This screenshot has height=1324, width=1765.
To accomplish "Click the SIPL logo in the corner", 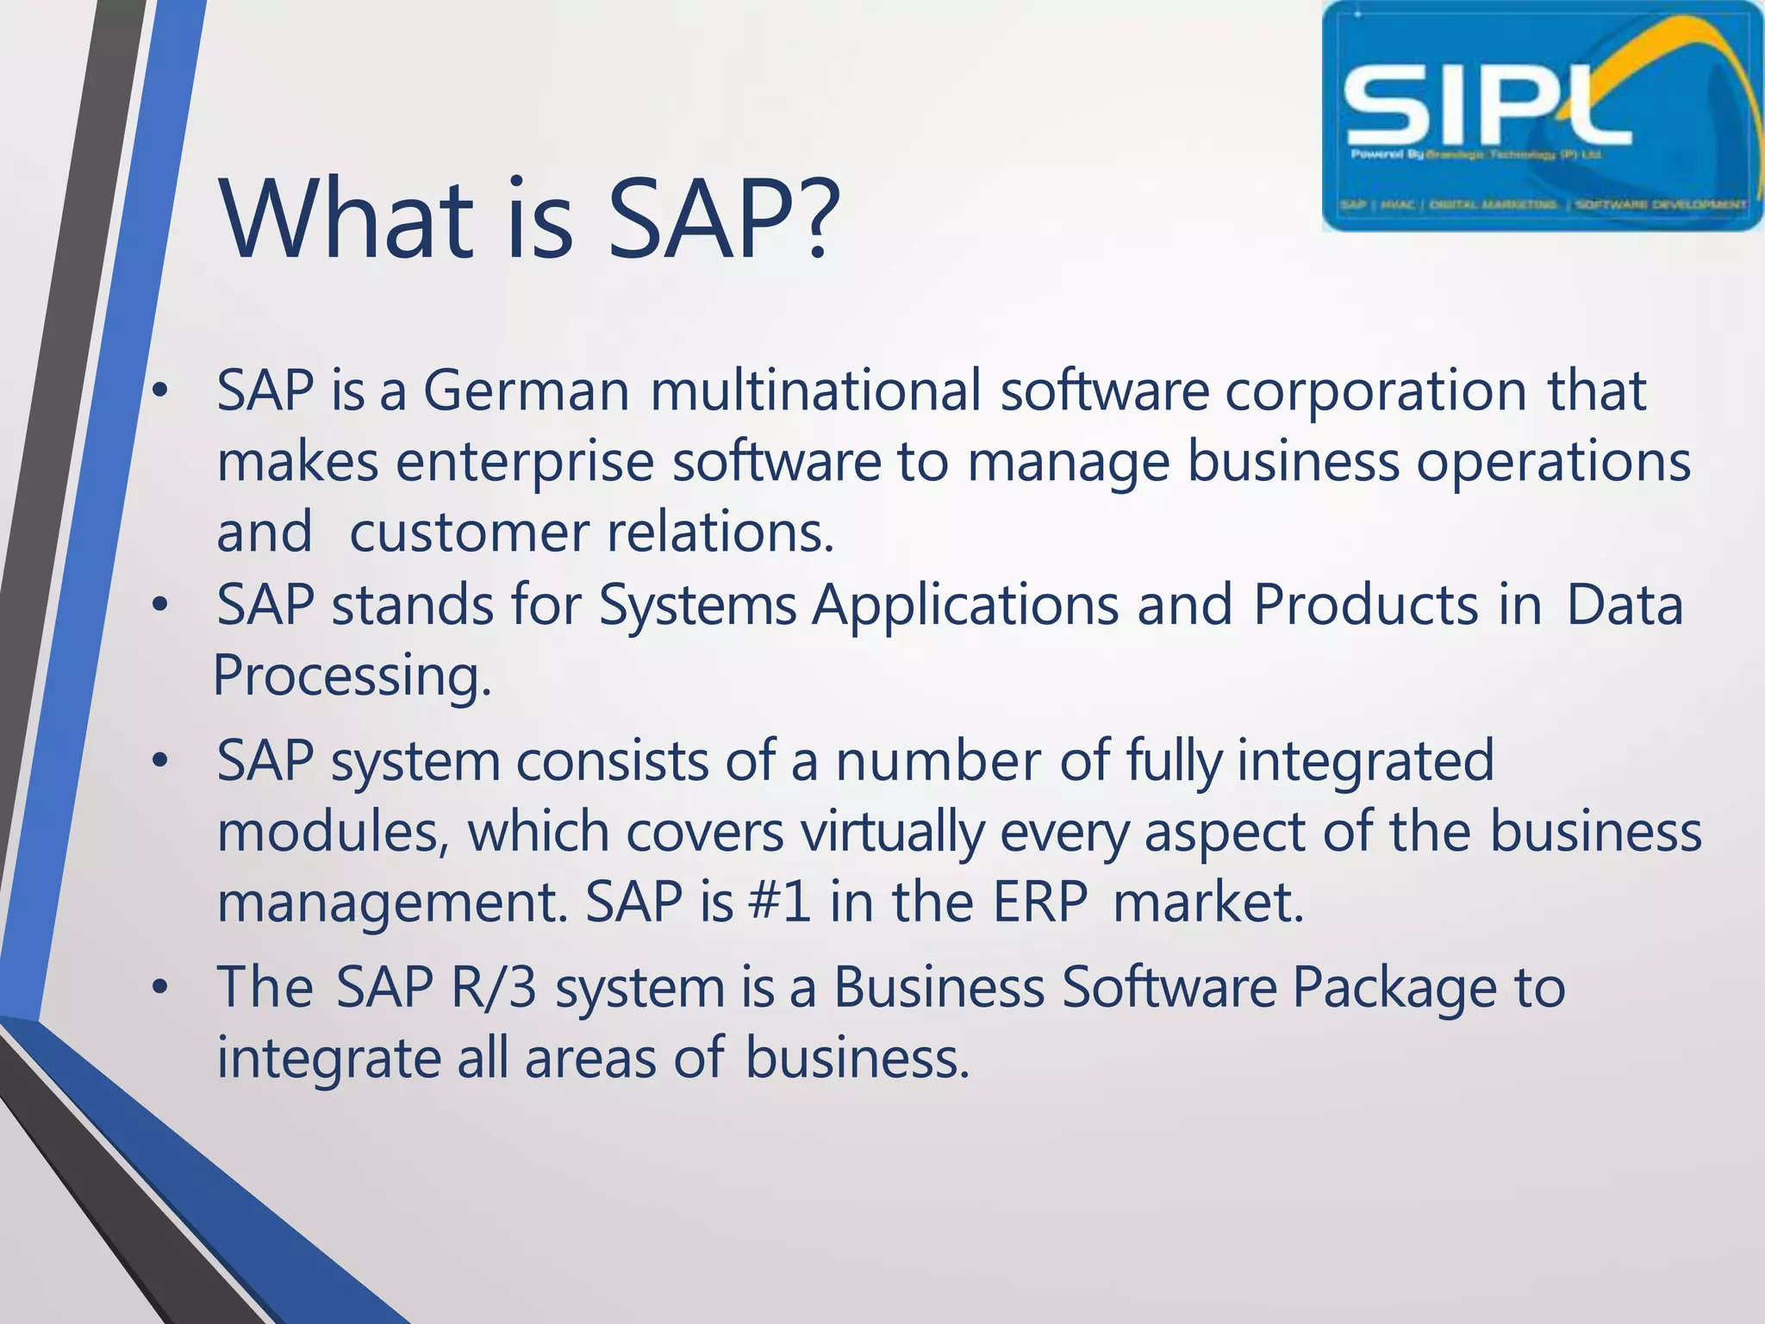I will click(x=1542, y=116).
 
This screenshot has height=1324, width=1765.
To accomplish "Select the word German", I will click(x=526, y=390).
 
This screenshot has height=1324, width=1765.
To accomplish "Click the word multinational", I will click(x=815, y=390).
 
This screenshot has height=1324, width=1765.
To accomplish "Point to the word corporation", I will click(x=1375, y=390).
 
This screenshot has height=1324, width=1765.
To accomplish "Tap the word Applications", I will click(x=965, y=606).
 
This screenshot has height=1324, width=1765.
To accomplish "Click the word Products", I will click(x=1365, y=604).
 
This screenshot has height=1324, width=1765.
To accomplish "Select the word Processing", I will click(x=352, y=677).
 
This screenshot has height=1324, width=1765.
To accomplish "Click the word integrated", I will click(x=1365, y=761).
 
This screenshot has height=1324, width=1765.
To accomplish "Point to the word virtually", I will click(x=891, y=834).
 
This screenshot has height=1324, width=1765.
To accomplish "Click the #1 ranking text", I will click(x=780, y=902).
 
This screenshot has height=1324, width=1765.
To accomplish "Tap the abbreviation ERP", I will click(x=1040, y=902).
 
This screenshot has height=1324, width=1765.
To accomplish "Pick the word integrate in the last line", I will click(x=327, y=1059).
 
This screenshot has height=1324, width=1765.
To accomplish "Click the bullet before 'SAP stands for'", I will click(x=159, y=606).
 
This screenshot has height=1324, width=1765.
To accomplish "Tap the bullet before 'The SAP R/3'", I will click(x=159, y=988).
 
